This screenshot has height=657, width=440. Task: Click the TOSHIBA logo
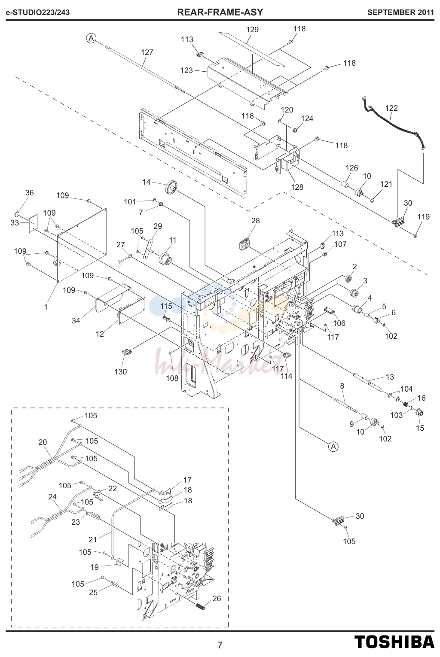pyautogui.click(x=394, y=642)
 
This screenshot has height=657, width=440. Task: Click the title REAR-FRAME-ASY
pyautogui.click(x=220, y=12)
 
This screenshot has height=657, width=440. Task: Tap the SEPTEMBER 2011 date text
pyautogui.click(x=400, y=12)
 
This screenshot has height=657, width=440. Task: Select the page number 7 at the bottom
pyautogui.click(x=220, y=645)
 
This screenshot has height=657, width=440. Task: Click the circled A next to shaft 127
pyautogui.click(x=92, y=38)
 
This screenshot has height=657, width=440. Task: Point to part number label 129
pyautogui.click(x=252, y=30)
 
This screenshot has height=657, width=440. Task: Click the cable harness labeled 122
pyautogui.click(x=393, y=123)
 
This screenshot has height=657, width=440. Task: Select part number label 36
pyautogui.click(x=29, y=193)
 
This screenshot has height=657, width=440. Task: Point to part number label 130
pyautogui.click(x=120, y=371)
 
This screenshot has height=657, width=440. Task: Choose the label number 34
pyautogui.click(x=76, y=321)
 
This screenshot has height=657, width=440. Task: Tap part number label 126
pyautogui.click(x=351, y=168)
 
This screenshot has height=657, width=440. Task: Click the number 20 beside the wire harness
pyautogui.click(x=43, y=442)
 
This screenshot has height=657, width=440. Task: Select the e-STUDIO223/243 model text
pyautogui.click(x=38, y=12)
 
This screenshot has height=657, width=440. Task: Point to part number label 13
pyautogui.click(x=390, y=377)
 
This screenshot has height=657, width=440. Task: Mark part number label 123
pyautogui.click(x=186, y=70)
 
